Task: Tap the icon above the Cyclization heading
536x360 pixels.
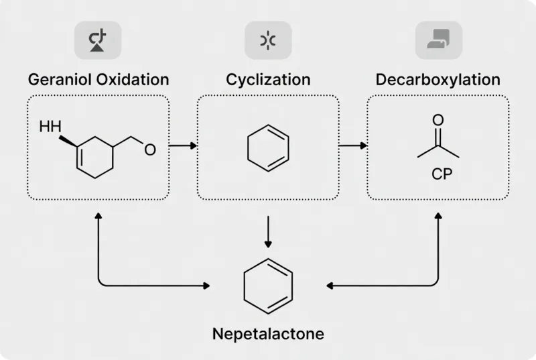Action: pyautogui.click(x=268, y=40)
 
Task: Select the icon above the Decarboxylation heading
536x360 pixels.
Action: pyautogui.click(x=438, y=40)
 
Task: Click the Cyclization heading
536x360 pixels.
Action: pyautogui.click(x=268, y=80)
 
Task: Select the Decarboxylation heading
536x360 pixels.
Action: pyautogui.click(x=438, y=80)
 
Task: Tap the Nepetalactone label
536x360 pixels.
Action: pyautogui.click(x=268, y=333)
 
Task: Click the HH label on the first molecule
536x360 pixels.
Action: pyautogui.click(x=50, y=125)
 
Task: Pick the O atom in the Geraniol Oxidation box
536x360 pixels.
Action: pyautogui.click(x=150, y=149)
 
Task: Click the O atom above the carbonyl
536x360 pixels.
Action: pyautogui.click(x=438, y=121)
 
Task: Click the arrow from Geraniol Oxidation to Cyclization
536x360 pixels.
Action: pyautogui.click(x=183, y=145)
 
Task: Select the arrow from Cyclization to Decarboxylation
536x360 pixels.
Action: pyautogui.click(x=353, y=145)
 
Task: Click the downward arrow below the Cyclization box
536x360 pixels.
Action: pyautogui.click(x=268, y=231)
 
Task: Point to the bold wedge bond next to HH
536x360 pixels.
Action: pyautogui.click(x=67, y=141)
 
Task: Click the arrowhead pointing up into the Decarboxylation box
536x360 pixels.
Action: pyautogui.click(x=438, y=217)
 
